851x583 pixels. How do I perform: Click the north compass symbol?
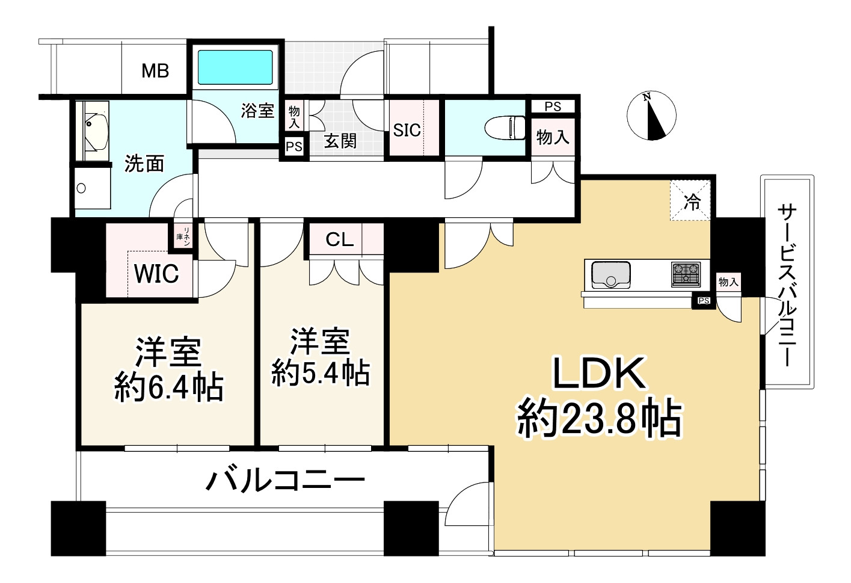coord(651,116)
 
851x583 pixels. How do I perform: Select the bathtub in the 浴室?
coord(236,67)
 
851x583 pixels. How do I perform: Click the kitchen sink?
coord(610,275)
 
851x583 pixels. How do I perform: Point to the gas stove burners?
coord(686,274)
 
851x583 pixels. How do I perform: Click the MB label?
coord(155,71)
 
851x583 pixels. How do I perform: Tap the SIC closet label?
coord(407,130)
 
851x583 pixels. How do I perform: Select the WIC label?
coord(156,274)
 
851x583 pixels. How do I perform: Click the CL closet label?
coord(340,240)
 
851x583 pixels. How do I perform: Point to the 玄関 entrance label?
coord(340,141)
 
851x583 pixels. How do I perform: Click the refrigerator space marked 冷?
coord(692,202)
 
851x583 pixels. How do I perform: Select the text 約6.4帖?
coord(169,388)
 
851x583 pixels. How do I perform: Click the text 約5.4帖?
coord(321,373)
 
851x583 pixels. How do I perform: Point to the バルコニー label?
coord(286,480)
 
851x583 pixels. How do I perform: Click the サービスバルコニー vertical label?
coord(786,285)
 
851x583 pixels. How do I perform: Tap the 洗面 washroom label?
coord(144,163)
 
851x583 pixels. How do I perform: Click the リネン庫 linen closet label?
coord(183,236)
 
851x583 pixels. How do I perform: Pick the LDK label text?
coord(599,373)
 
